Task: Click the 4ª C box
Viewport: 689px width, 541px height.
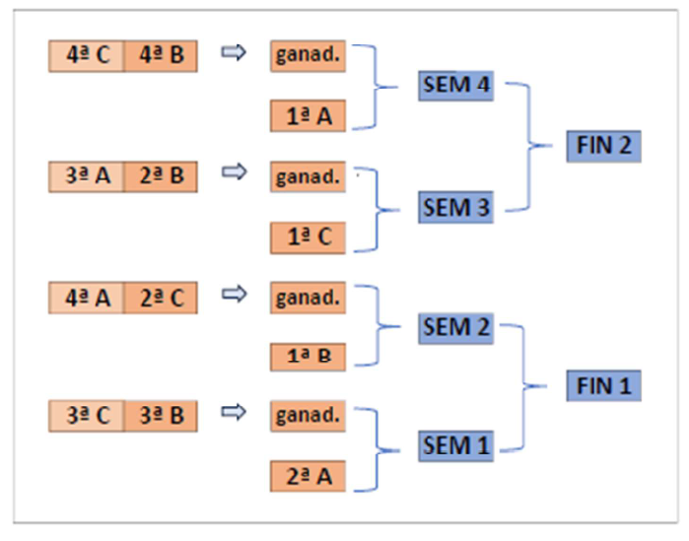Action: tap(87, 57)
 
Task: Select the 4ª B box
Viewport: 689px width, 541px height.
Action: tap(161, 57)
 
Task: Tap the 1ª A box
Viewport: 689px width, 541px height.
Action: tap(309, 117)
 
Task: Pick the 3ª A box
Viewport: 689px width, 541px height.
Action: tap(87, 177)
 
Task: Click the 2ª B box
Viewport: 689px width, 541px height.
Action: tap(161, 177)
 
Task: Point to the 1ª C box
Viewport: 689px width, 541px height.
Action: tap(309, 237)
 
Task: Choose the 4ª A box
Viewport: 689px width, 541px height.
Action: tap(87, 298)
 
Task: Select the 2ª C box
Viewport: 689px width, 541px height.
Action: tap(161, 298)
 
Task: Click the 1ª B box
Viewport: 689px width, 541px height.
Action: tap(309, 357)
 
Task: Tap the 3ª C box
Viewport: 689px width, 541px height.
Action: tap(87, 416)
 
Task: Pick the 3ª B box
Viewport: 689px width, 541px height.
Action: tap(161, 416)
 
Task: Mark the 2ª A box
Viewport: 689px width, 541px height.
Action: tap(309, 477)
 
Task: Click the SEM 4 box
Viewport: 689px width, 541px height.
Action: tap(455, 87)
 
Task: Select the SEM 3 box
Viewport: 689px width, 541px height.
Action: tap(455, 208)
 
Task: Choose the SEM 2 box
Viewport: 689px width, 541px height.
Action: tap(455, 326)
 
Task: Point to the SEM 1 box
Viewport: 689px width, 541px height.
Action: tap(455, 445)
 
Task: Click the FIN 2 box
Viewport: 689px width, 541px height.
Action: tap(604, 147)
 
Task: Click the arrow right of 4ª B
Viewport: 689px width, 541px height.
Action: tap(232, 54)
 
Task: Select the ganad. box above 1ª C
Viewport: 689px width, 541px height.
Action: tap(309, 178)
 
